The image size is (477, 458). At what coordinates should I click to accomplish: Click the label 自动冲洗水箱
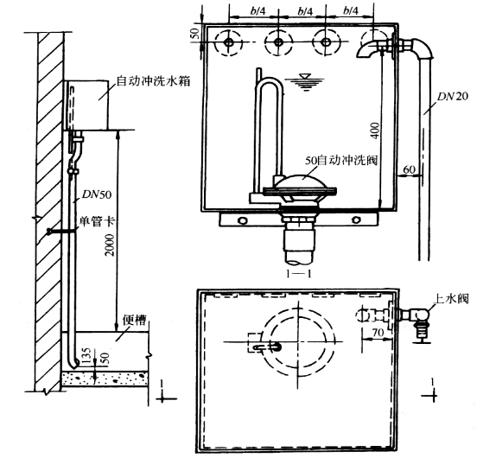click(x=153, y=81)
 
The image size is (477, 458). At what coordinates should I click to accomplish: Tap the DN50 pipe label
click(x=97, y=194)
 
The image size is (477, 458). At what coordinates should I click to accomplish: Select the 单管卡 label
click(x=98, y=221)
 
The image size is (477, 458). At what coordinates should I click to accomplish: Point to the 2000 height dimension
click(x=109, y=245)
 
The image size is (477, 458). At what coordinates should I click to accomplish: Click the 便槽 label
click(x=134, y=320)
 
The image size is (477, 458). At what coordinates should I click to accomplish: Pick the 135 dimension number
click(x=86, y=355)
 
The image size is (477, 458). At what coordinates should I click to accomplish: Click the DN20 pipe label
click(x=452, y=97)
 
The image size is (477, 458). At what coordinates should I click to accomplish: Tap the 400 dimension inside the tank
click(x=376, y=130)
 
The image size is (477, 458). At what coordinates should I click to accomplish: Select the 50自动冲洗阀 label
click(x=341, y=160)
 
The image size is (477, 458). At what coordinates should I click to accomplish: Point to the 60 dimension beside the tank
click(x=409, y=169)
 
